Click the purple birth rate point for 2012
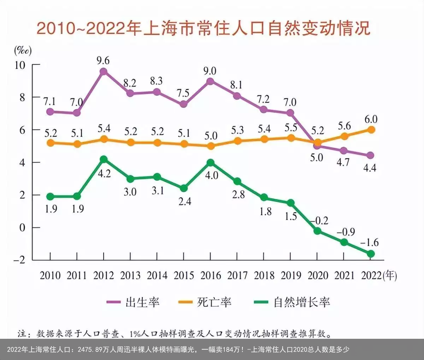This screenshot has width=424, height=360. coord(104,72)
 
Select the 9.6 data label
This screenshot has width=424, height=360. coord(103,60)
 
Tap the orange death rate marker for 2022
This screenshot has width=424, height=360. coord(371,130)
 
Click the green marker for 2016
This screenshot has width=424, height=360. coord(211,163)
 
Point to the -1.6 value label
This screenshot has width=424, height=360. coord(370,242)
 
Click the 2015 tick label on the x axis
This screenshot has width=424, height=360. coord(184,275)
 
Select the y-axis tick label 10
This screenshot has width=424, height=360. coord(19,65)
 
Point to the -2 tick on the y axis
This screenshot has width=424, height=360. coord(19,260)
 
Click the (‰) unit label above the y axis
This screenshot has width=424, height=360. coord(23,50)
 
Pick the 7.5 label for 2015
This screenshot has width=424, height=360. coord(183,93)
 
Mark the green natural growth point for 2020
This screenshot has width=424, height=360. coord(317,231)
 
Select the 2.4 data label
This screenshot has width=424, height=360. coord(184,201)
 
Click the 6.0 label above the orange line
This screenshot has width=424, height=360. coord(371,119)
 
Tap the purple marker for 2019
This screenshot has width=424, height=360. coord(290,113)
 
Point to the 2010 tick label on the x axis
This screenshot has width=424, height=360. coord(50,275)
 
